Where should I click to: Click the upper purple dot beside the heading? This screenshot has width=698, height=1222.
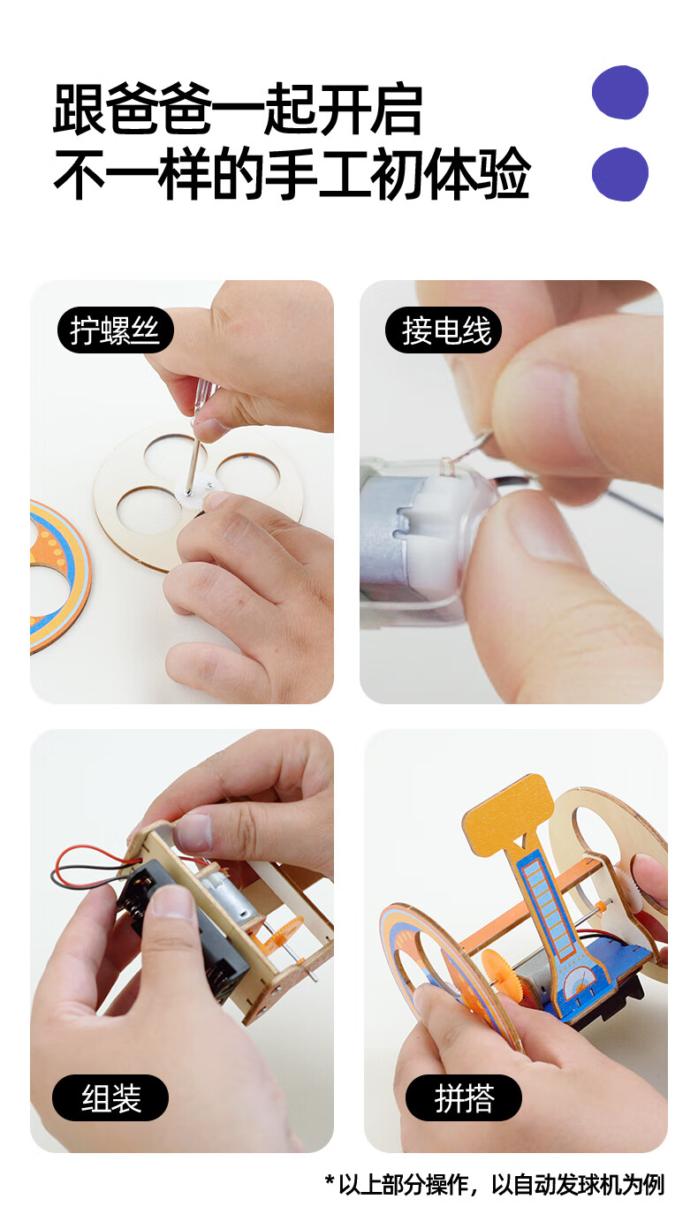tap(619, 92)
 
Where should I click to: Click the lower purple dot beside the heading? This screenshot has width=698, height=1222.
tap(619, 174)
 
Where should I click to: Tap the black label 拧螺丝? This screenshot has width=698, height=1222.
tap(115, 330)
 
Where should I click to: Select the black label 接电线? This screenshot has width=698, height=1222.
tap(444, 330)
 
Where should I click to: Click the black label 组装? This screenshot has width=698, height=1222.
tap(110, 1098)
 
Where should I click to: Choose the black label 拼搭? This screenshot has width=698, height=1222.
tap(463, 1098)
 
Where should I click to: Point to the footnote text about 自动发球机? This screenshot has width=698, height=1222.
tap(494, 1184)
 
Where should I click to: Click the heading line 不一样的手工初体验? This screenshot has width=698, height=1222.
tap(292, 174)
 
